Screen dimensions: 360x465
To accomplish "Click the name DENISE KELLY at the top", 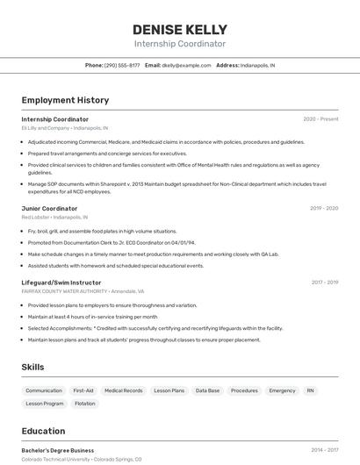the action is point(180,29).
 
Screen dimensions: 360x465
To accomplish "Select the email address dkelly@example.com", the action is point(186,65).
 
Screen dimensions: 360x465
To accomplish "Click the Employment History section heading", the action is point(65,100).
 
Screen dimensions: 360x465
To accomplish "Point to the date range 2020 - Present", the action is point(320,119).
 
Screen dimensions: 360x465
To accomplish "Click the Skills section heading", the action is point(33,367).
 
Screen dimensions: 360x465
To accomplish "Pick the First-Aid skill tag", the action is point(83,390).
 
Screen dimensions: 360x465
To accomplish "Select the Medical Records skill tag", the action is point(123,390).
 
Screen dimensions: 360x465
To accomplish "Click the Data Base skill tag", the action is point(207,390).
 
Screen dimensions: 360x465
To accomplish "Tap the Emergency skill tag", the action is point(282,390).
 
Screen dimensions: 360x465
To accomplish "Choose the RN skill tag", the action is point(310,390).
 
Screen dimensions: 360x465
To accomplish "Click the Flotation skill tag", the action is point(85,404).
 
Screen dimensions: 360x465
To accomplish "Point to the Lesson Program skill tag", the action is point(45,404).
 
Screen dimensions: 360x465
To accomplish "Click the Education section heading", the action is point(43,431).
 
